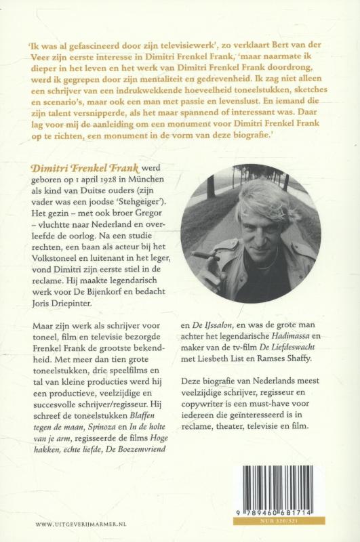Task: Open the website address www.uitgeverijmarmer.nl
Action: pyautogui.click(x=77, y=524)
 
